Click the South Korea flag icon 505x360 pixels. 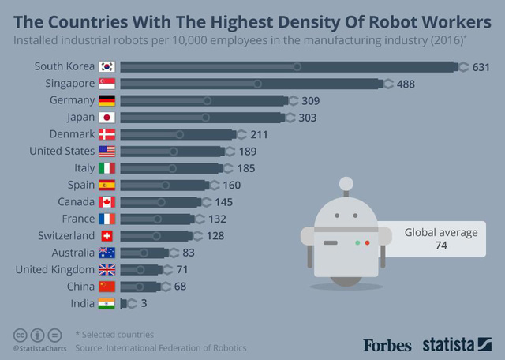tap(107, 66)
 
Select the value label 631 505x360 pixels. tap(481, 67)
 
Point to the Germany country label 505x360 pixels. tap(72, 100)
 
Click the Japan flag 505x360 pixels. tap(107, 117)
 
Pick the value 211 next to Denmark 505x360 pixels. tap(259, 134)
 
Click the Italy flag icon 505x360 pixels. tap(107, 168)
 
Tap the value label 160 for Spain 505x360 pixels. tap(231, 185)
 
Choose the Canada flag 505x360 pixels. tap(107, 202)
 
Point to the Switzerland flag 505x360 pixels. tap(107, 235)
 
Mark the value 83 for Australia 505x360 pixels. tap(189, 253)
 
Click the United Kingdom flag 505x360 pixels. tap(107, 269)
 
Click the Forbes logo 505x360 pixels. tap(388, 344)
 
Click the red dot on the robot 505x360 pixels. tap(367, 242)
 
